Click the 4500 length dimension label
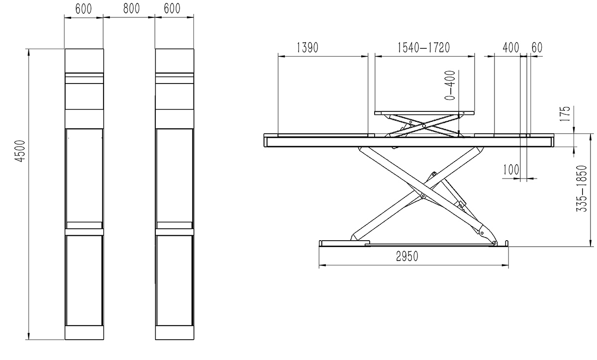(20, 151)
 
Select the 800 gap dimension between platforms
(131, 8)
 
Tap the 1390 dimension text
(307, 48)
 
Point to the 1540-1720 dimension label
(423, 48)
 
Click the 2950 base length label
(407, 257)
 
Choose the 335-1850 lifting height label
(582, 188)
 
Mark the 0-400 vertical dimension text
(450, 85)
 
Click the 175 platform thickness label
(565, 114)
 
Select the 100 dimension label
(511, 170)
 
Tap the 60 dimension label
(537, 48)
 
